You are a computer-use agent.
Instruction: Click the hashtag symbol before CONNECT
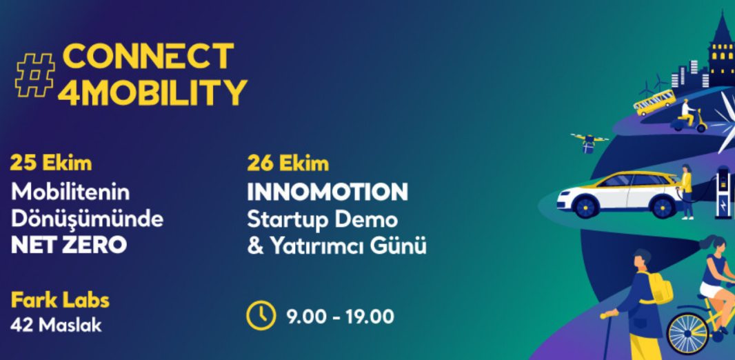34,75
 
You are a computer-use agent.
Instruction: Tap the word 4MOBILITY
152,92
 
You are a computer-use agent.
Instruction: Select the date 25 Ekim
50,164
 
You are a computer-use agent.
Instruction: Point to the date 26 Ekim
288,164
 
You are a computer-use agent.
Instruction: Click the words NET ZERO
68,245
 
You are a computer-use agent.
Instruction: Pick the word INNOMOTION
328,192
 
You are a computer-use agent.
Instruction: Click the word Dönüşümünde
87,219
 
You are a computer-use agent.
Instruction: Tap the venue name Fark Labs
60,301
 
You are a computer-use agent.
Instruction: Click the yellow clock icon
261,317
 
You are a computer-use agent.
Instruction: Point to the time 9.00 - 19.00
341,317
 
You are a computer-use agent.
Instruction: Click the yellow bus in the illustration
654,102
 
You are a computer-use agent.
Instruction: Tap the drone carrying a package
589,143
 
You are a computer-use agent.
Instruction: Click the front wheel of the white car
586,207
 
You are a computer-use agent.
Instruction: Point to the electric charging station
723,192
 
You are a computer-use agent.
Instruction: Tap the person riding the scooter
687,113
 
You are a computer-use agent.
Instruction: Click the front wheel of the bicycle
688,333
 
